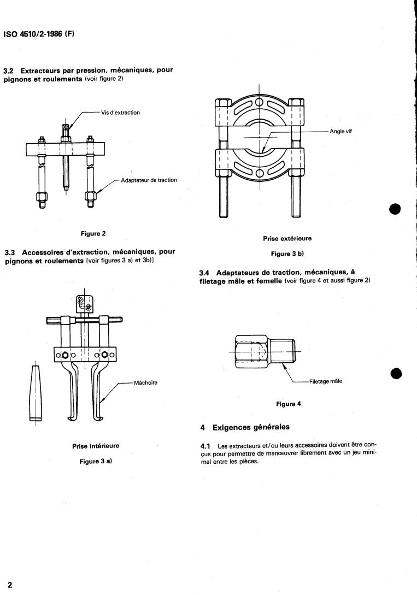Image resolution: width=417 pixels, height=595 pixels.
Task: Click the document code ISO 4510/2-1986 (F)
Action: pos(39,34)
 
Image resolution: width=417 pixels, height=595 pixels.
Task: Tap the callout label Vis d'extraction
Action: pos(120,113)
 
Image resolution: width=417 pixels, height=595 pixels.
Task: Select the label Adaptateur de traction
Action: pos(149,180)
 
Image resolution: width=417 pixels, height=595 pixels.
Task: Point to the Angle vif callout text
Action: pos(342,131)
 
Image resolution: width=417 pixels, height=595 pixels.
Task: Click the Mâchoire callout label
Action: pos(145,382)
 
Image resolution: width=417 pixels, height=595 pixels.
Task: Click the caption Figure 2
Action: pos(93,233)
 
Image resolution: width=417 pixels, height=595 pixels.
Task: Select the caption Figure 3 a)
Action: pos(96,462)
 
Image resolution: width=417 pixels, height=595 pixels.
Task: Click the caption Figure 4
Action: pos(289,404)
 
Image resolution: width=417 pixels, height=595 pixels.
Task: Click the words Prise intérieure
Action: pos(96,446)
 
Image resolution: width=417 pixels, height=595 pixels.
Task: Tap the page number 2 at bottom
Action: pos(9,585)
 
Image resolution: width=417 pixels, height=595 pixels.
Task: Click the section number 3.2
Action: pos(9,71)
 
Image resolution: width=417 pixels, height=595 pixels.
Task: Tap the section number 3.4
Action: pos(205,273)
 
